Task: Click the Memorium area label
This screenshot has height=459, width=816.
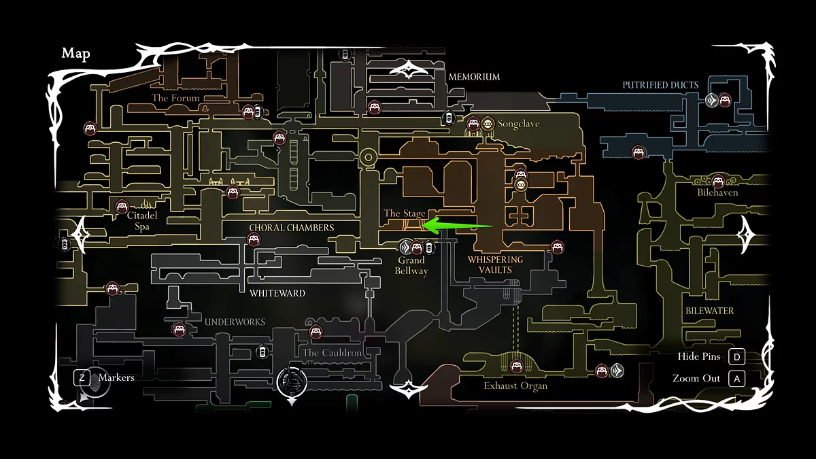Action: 474,77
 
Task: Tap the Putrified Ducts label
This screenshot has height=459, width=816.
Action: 660,85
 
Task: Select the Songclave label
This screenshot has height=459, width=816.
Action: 518,124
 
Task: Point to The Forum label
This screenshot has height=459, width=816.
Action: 175,98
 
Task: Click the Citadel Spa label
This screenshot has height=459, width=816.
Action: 142,221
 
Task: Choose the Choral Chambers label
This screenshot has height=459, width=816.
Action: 292,227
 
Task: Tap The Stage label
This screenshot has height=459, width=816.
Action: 405,214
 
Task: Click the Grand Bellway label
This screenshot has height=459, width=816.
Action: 411,265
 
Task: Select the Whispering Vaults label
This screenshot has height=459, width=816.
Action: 495,265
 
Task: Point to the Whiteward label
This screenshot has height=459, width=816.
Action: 277,293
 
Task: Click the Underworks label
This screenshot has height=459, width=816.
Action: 235,322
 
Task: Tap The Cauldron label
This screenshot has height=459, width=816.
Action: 332,353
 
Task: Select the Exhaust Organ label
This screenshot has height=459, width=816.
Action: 515,386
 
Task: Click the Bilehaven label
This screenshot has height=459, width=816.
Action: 717,192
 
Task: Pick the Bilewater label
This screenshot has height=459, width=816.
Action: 709,311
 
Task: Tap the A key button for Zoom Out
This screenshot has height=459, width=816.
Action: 736,378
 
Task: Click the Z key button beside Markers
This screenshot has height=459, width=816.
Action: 82,377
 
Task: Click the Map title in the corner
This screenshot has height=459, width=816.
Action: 75,54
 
